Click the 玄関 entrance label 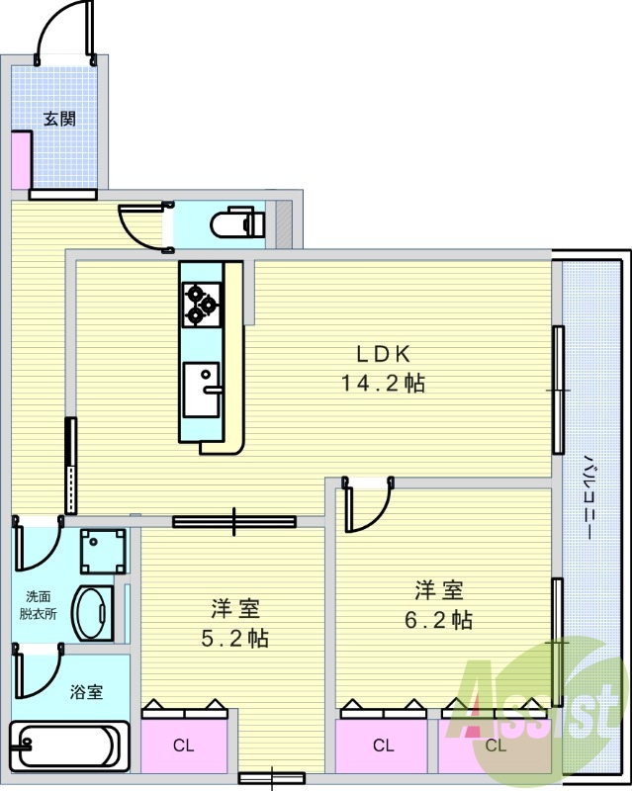59,120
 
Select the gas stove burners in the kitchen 201,303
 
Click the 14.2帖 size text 383,384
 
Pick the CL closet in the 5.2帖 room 185,745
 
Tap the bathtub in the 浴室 69,743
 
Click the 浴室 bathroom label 86,692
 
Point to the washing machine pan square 104,551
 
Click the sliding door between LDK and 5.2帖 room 234,521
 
